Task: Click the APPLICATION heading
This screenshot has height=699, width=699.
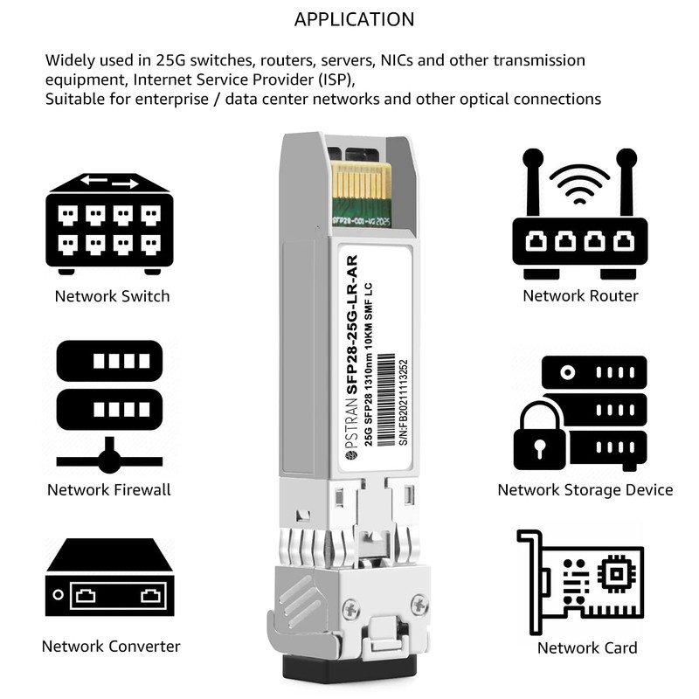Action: pyautogui.click(x=354, y=19)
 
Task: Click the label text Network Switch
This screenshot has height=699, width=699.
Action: pyautogui.click(x=112, y=296)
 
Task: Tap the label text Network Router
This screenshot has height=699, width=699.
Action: pyautogui.click(x=580, y=296)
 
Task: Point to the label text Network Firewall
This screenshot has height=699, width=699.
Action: pyautogui.click(x=109, y=489)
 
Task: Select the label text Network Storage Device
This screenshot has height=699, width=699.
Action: pyautogui.click(x=585, y=490)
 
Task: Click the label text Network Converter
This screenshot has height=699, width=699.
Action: pyautogui.click(x=111, y=647)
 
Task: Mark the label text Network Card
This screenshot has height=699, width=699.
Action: pyautogui.click(x=586, y=647)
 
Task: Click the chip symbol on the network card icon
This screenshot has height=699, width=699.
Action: pyautogui.click(x=619, y=572)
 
